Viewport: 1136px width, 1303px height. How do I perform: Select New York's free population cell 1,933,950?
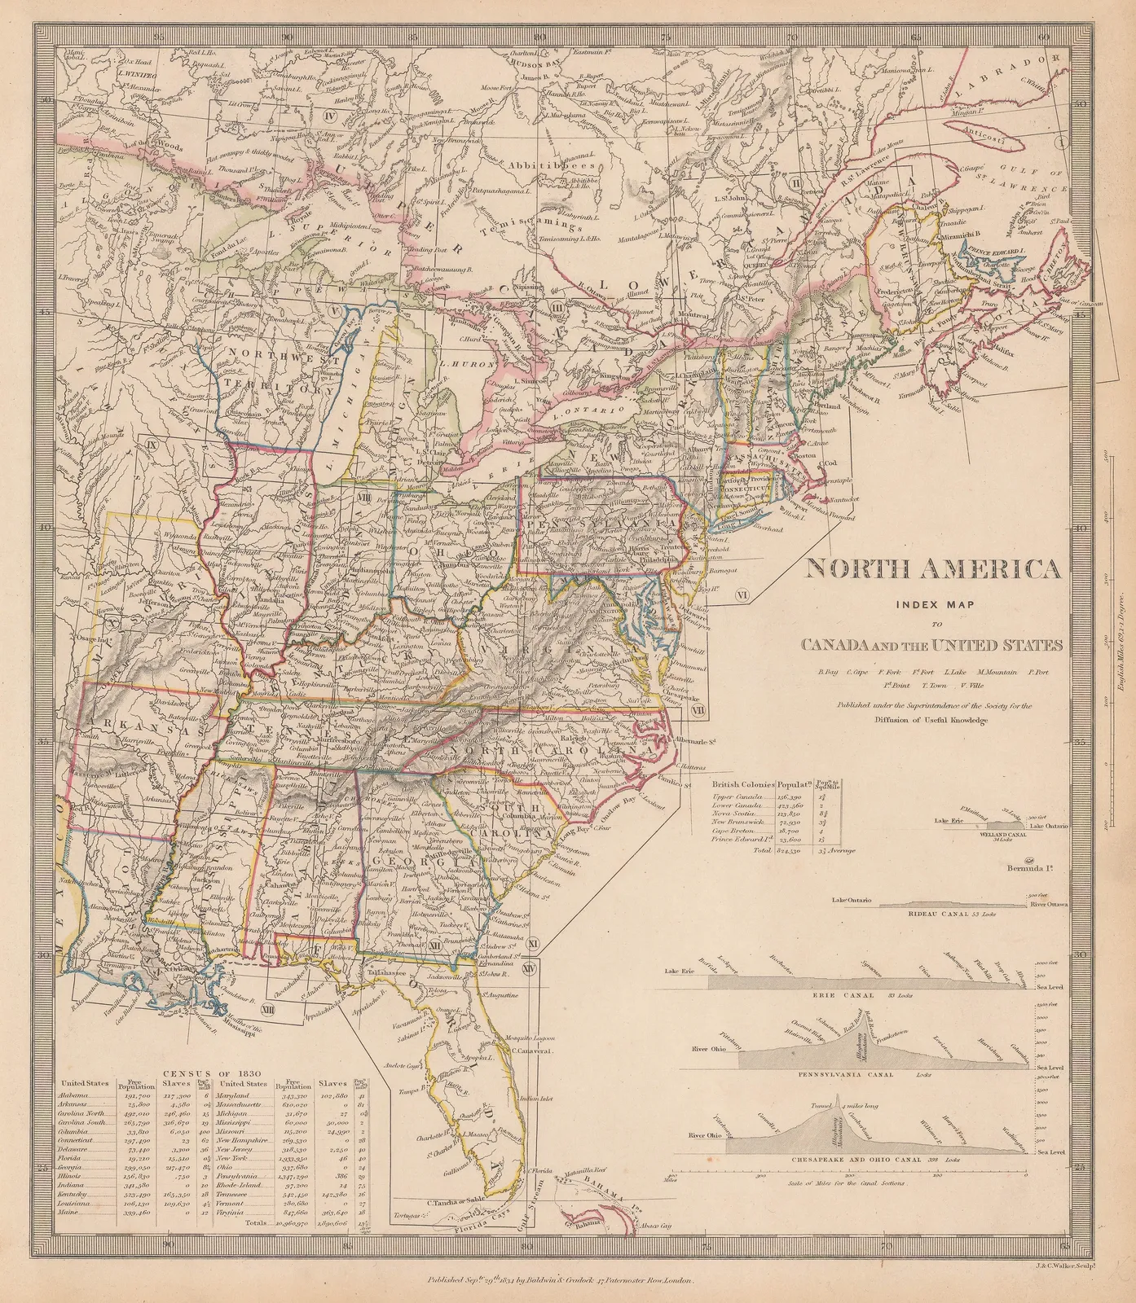coord(291,1157)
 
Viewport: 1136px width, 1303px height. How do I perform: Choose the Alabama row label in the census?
coord(75,1095)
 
